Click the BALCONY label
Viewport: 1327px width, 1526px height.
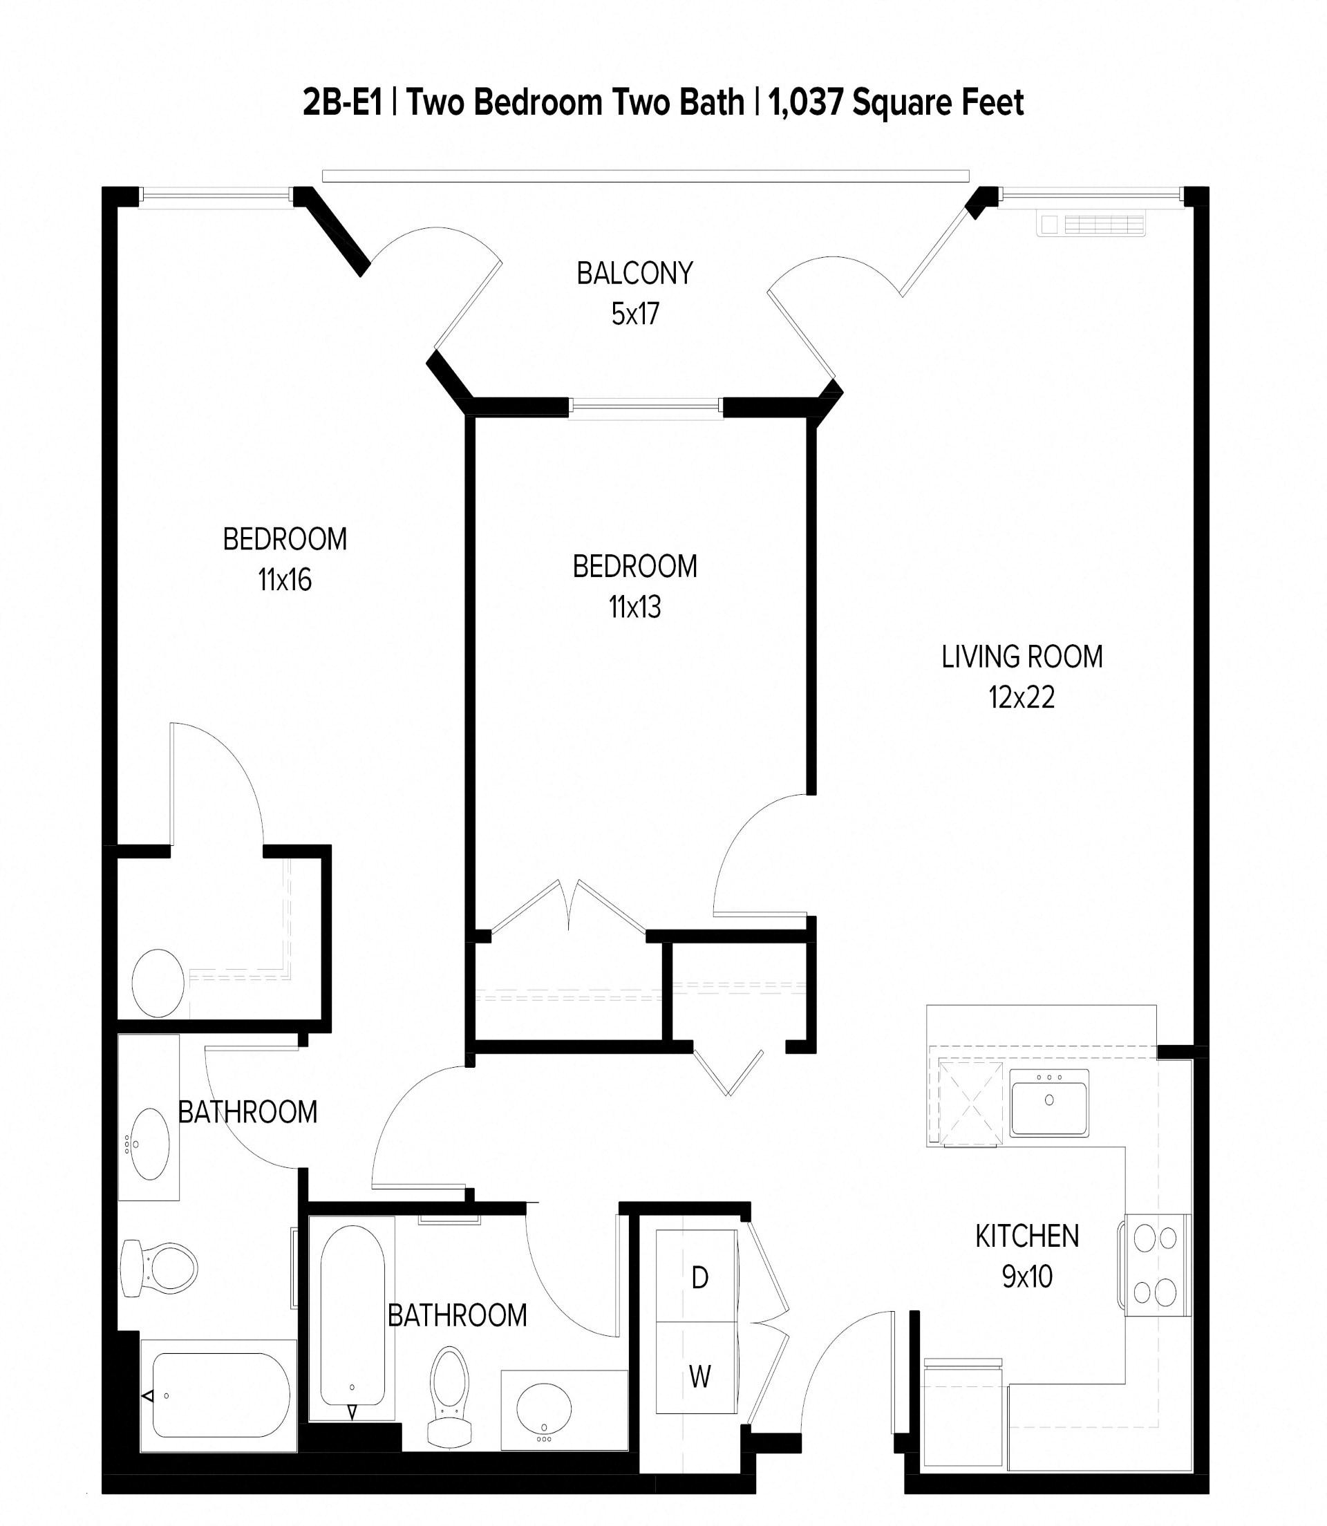click(634, 273)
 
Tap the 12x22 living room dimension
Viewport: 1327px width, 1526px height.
click(1022, 697)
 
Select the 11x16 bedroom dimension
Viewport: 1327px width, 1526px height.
click(284, 580)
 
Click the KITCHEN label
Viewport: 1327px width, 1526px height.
click(1026, 1236)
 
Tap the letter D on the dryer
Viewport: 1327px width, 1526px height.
click(699, 1278)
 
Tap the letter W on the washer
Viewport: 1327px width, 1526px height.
click(699, 1377)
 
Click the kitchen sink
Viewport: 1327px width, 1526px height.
click(1048, 1102)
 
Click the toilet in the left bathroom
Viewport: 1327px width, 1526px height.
click(160, 1268)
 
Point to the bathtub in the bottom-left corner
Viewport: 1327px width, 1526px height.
click(218, 1395)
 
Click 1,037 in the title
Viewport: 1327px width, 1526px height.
click(806, 102)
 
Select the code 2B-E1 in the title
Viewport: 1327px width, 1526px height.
click(341, 102)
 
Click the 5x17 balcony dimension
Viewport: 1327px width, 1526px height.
click(634, 314)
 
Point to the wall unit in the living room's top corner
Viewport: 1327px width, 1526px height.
click(1091, 225)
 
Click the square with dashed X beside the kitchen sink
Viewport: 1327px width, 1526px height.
click(970, 1103)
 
